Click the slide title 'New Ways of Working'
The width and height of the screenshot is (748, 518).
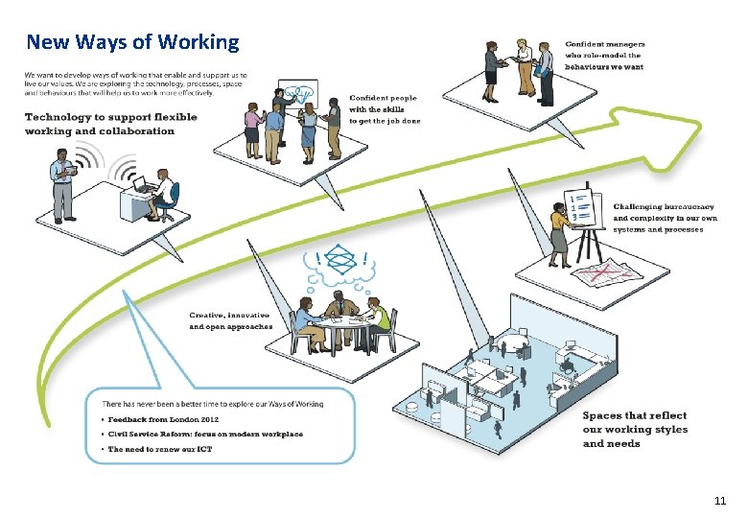132,42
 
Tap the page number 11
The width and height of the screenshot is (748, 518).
720,501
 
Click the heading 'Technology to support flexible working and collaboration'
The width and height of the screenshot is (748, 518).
111,124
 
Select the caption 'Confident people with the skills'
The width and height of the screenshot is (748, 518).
384,109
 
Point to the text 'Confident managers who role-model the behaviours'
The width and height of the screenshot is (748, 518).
604,57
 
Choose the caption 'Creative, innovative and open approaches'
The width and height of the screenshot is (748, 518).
230,320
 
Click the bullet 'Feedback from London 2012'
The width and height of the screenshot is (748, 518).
167,420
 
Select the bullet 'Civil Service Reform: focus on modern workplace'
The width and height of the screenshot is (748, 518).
205,435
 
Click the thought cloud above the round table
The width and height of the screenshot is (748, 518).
340,265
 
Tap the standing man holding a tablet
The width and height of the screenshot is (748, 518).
63,184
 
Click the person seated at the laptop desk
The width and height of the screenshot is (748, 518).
164,195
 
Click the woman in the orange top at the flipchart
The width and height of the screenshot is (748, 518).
560,234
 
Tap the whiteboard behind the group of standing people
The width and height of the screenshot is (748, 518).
298,94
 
